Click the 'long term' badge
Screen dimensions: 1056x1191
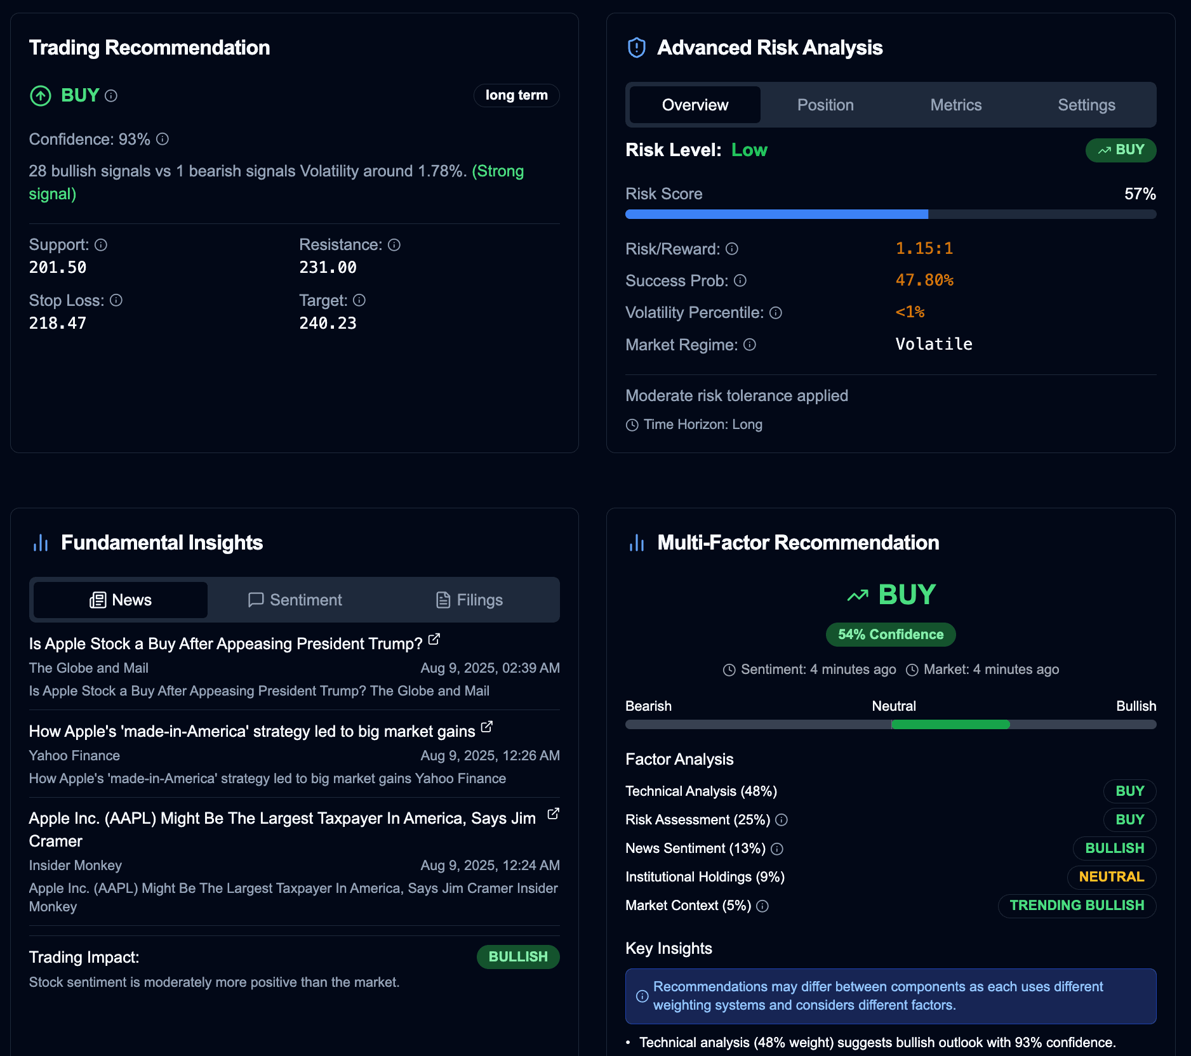(516, 95)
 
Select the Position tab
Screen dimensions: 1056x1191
(825, 105)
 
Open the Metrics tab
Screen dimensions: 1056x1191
(955, 105)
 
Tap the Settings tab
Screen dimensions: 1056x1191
(1086, 105)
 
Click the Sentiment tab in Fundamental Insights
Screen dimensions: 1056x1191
(295, 600)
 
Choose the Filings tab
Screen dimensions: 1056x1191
(470, 600)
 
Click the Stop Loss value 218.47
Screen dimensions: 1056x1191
(58, 323)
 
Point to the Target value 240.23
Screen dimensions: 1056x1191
(328, 323)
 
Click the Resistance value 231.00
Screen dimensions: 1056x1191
(328, 267)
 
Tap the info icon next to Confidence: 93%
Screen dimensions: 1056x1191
(163, 139)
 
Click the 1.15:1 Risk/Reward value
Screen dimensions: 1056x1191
(924, 248)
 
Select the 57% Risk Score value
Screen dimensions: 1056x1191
(1140, 194)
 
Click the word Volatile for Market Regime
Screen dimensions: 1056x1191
(933, 344)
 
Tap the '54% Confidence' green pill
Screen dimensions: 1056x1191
(890, 634)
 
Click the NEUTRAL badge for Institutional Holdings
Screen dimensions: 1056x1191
(1111, 876)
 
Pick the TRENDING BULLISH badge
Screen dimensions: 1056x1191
(1076, 905)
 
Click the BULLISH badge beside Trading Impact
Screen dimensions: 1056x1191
(517, 956)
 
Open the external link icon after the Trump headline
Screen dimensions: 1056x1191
(434, 640)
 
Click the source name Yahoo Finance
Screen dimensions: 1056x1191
(74, 755)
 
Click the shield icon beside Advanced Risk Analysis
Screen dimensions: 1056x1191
(636, 48)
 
